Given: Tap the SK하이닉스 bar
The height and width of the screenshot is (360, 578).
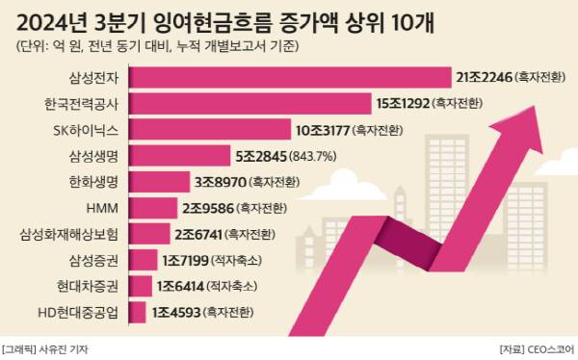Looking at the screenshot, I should click(x=209, y=129).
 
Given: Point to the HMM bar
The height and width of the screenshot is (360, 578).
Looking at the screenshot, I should click(x=150, y=207).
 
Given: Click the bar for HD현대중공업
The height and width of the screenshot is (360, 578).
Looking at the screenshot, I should click(x=137, y=312).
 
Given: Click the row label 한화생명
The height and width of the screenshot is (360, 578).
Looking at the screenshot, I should click(x=93, y=181).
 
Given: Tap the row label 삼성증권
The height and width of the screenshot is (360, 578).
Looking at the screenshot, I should click(x=93, y=260).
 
